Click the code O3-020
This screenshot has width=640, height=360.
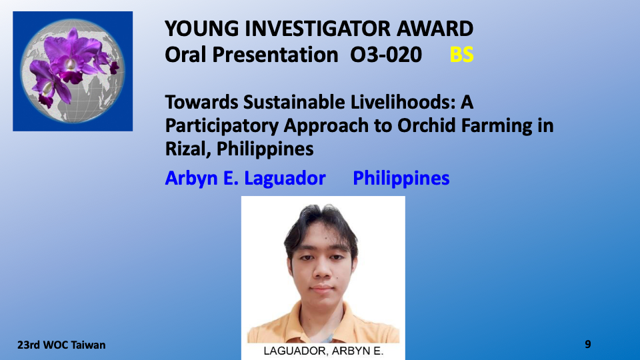pos(386,54)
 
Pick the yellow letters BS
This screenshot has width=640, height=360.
pos(461,54)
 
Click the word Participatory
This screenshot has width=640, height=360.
pos(221,126)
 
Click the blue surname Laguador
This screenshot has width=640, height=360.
pos(285,179)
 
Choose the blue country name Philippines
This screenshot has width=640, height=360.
pos(401,179)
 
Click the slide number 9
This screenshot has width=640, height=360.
pos(588,344)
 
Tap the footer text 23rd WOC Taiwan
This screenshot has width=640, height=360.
pos(61,345)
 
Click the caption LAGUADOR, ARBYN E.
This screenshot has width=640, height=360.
pos(323,351)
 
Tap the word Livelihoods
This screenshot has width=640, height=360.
pos(403,102)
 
